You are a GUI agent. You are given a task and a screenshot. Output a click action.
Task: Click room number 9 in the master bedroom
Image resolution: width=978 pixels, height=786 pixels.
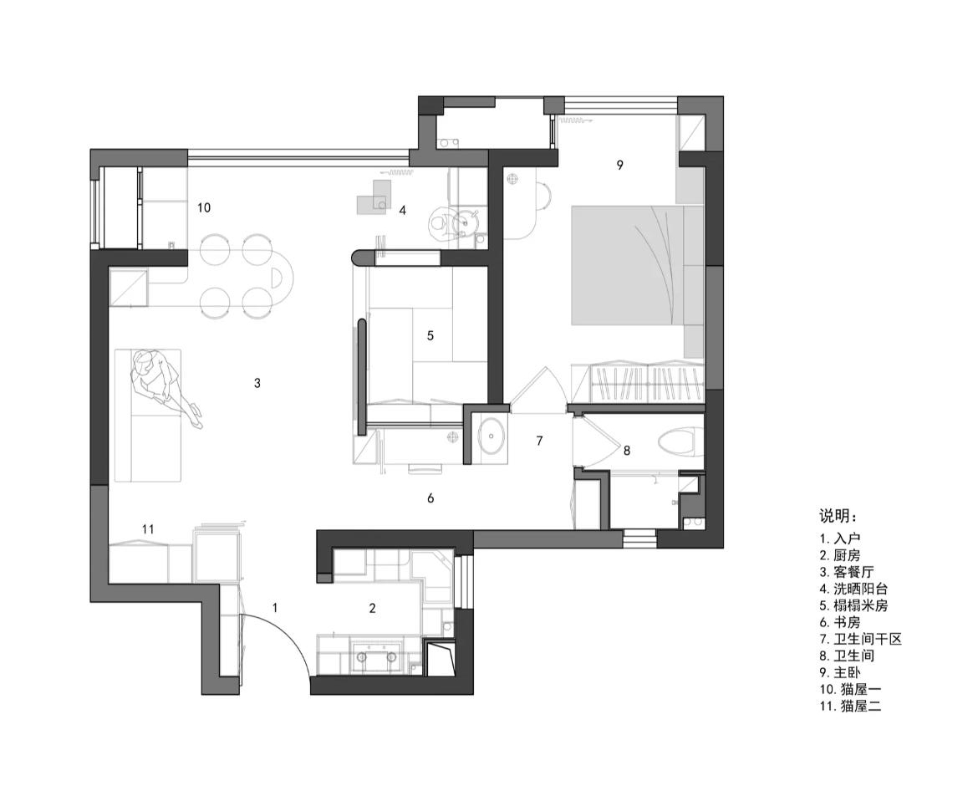[619, 165]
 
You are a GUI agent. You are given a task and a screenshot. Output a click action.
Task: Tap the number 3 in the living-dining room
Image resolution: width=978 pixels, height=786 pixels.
[257, 383]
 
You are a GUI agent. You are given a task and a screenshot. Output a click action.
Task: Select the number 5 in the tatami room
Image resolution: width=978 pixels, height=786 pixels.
[430, 335]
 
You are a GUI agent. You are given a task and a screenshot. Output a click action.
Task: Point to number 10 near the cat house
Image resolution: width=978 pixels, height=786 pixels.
[204, 207]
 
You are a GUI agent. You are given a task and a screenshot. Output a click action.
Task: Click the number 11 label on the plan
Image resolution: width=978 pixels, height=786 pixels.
[148, 529]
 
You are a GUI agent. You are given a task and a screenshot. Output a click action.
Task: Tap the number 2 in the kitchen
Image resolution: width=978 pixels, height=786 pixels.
[372, 608]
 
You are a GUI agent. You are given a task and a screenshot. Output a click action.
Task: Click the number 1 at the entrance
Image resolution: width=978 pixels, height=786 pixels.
[275, 608]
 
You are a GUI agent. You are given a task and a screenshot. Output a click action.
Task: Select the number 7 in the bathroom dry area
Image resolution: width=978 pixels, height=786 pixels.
[539, 441]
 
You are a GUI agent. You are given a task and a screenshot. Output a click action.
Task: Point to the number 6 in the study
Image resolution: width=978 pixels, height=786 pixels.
[430, 498]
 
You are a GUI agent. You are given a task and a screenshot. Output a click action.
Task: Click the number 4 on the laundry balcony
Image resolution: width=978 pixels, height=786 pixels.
[402, 210]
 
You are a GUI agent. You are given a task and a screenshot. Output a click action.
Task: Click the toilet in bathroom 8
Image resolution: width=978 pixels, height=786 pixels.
[677, 441]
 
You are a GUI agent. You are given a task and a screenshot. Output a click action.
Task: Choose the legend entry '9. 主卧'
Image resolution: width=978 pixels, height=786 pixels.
[840, 672]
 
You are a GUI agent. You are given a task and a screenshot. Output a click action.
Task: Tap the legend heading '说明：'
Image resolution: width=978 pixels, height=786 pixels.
[838, 517]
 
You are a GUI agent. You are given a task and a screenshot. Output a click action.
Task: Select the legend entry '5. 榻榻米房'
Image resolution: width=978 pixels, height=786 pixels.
[854, 605]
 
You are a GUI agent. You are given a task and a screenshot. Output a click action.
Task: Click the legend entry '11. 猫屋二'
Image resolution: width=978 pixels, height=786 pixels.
[851, 707]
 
